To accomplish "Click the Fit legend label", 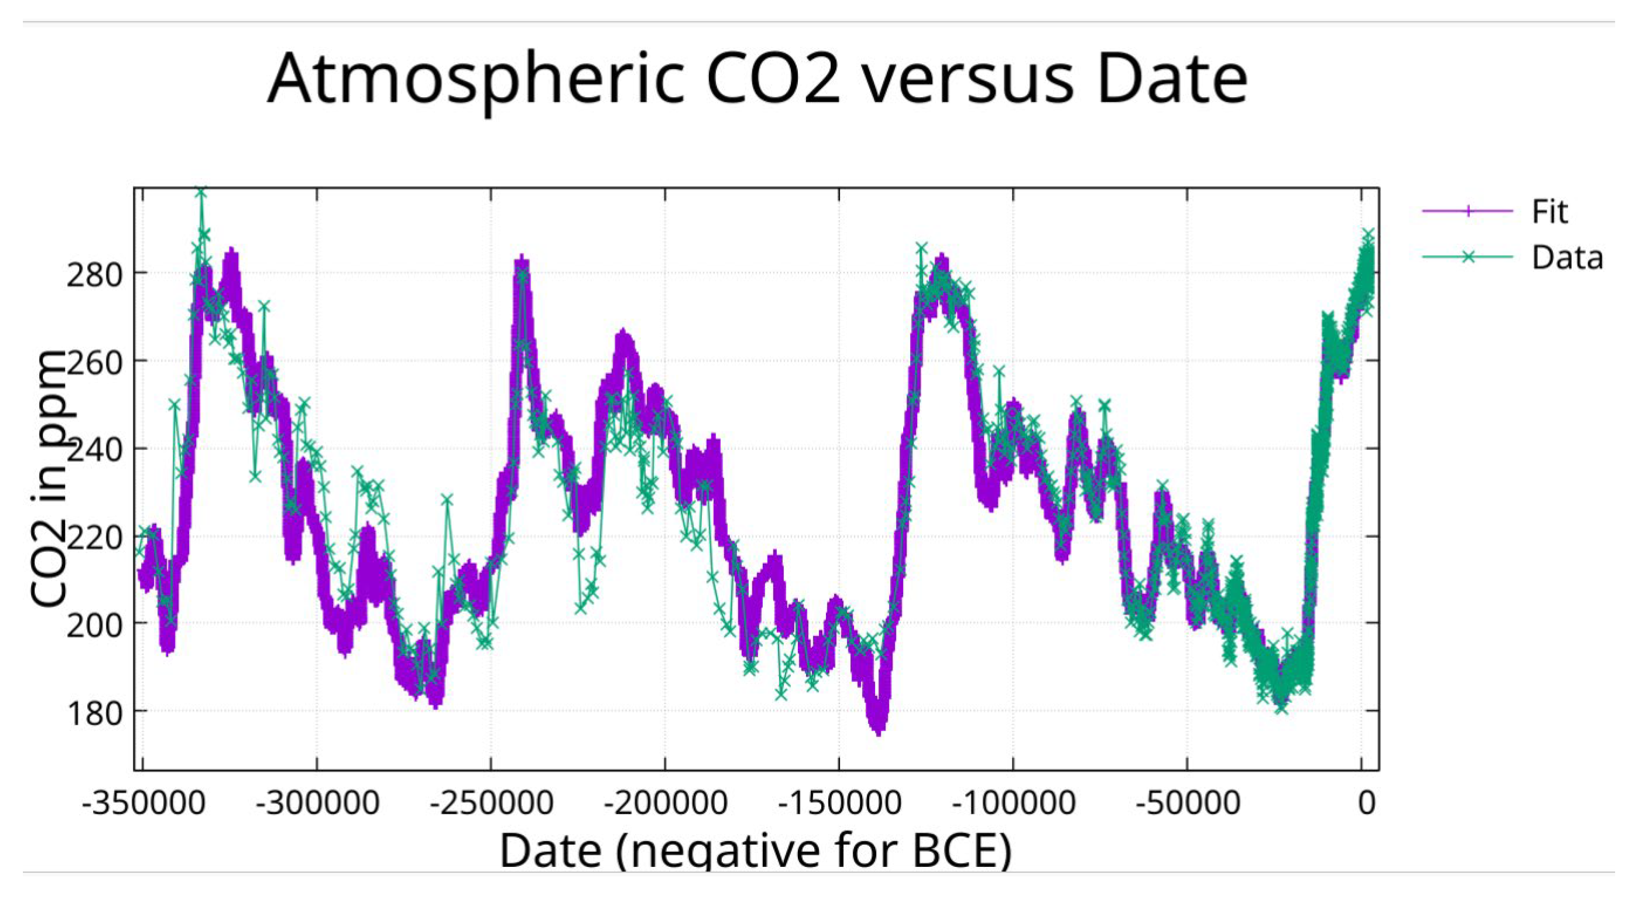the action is (x=1549, y=211).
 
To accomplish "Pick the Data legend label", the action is (x=1568, y=258).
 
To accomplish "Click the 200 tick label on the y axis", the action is (x=95, y=627).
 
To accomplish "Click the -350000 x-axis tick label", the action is (x=143, y=803).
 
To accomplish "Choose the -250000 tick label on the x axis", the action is (x=491, y=803).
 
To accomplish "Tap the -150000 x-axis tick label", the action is (x=839, y=803).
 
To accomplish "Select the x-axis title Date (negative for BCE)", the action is (x=756, y=850).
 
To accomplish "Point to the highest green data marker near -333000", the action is (x=202, y=191).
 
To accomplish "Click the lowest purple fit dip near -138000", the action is (x=879, y=731).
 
